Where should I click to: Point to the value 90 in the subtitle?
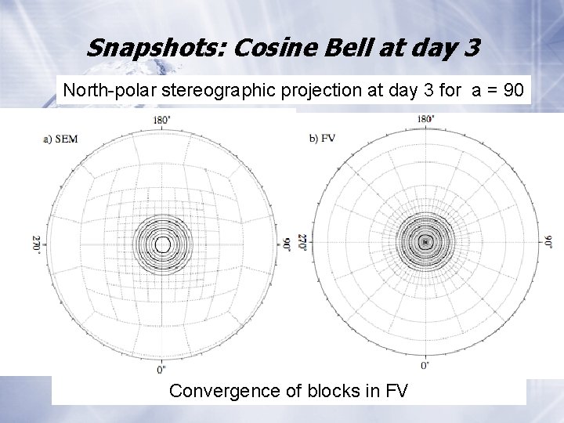point(513,90)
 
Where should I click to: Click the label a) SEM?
point(61,139)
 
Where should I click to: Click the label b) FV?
point(323,139)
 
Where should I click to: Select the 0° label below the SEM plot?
point(161,368)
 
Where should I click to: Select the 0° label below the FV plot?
point(425,365)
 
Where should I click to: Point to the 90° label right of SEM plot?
point(287,244)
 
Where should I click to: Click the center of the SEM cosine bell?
point(162,244)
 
